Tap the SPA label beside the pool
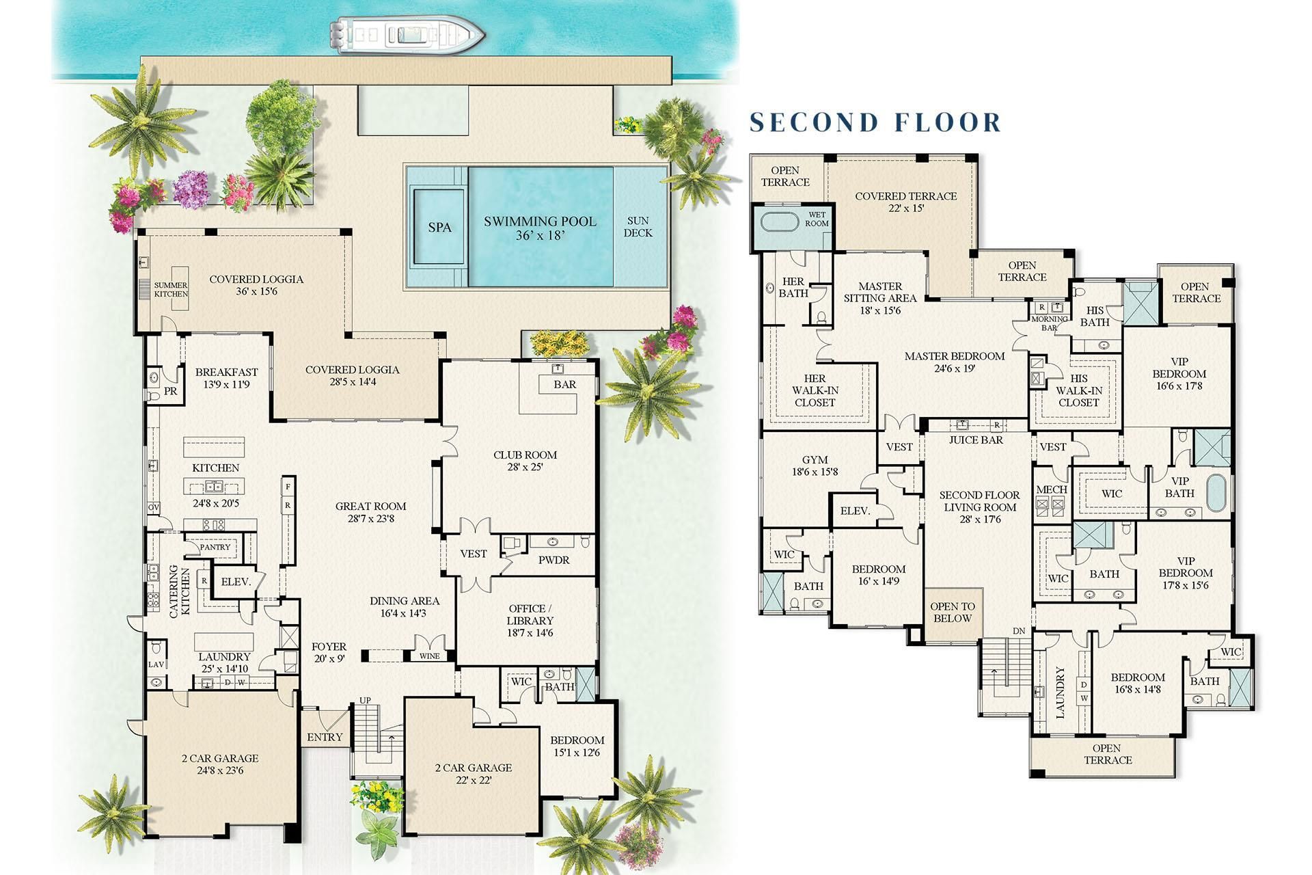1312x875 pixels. point(439,227)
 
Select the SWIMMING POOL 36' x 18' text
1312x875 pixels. point(540,228)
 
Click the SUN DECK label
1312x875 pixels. point(638,227)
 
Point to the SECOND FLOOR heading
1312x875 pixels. point(875,122)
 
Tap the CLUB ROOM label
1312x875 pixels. point(525,461)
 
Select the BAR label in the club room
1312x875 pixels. point(564,384)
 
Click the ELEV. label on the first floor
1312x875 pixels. point(236,582)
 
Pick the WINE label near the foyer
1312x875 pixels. point(429,656)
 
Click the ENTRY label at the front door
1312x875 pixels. point(325,737)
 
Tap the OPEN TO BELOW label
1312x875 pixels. point(953,612)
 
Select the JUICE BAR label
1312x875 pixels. point(976,440)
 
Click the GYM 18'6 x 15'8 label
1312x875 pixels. point(815,466)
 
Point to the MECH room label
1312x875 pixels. point(1051,489)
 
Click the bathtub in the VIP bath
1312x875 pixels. point(1216,492)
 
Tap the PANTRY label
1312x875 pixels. point(215,548)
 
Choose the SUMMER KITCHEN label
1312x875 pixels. point(171,290)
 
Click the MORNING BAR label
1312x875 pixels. point(1050,323)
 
